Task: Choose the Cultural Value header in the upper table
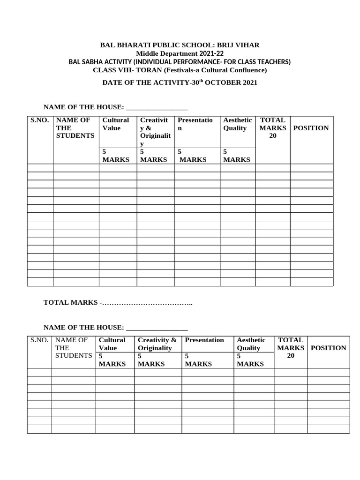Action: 115,124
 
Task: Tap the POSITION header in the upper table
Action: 311,128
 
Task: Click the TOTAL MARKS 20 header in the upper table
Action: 272,128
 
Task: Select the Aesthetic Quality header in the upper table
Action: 237,124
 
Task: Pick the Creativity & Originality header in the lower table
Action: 157,344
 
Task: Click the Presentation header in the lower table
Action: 204,340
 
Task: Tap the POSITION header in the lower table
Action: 329,348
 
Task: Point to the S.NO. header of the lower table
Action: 39,340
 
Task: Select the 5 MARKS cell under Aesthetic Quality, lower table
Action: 250,360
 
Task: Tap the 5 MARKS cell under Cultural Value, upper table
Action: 116,156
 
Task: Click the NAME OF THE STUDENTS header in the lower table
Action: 73,347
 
